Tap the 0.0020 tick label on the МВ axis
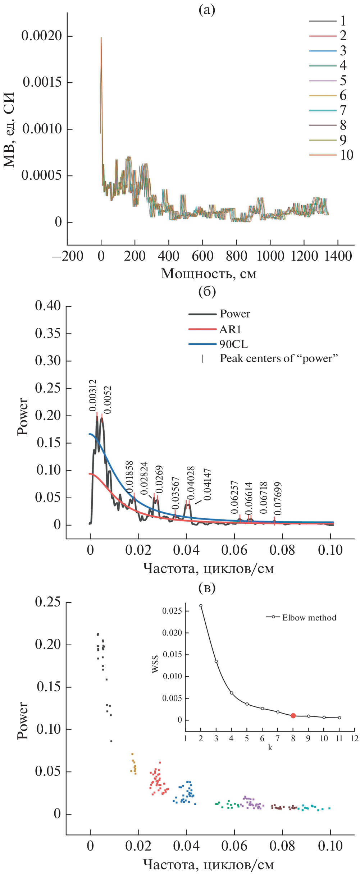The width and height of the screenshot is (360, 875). click(42, 36)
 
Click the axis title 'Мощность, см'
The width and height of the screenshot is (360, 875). click(209, 274)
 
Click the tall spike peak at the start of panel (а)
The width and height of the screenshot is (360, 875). click(101, 38)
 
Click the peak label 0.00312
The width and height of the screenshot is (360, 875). click(93, 395)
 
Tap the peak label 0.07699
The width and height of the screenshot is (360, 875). click(278, 499)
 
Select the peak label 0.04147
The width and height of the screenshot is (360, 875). click(207, 484)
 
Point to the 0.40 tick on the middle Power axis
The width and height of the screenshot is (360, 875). click(48, 306)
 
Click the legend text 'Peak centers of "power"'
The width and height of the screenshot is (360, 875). click(279, 359)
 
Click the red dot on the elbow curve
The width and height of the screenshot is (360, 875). click(293, 716)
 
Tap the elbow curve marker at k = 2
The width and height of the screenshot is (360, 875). click(201, 606)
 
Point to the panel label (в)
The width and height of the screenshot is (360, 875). click(207, 588)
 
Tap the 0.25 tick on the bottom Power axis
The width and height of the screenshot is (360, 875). click(48, 602)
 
